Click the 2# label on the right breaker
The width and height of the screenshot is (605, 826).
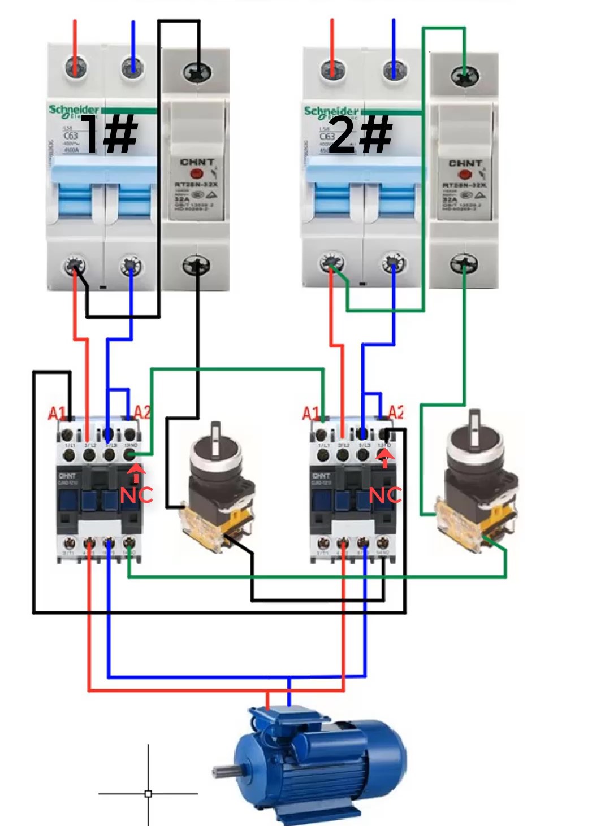pyautogui.click(x=360, y=134)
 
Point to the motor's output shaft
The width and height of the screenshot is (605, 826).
pyautogui.click(x=224, y=770)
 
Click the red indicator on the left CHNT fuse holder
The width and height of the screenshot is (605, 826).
pyautogui.click(x=197, y=175)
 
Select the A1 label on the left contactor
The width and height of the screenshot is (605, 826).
pyautogui.click(x=57, y=414)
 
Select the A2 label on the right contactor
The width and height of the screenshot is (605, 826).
pyautogui.click(x=396, y=412)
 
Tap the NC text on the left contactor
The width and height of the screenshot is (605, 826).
pyautogui.click(x=136, y=495)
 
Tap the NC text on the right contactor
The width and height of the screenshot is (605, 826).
pyautogui.click(x=385, y=495)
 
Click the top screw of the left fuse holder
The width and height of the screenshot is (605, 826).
pyautogui.click(x=197, y=72)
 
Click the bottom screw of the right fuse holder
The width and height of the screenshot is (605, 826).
pyautogui.click(x=464, y=263)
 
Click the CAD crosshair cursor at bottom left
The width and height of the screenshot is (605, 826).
pyautogui.click(x=148, y=793)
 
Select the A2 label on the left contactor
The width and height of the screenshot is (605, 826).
pyautogui.click(x=142, y=412)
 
